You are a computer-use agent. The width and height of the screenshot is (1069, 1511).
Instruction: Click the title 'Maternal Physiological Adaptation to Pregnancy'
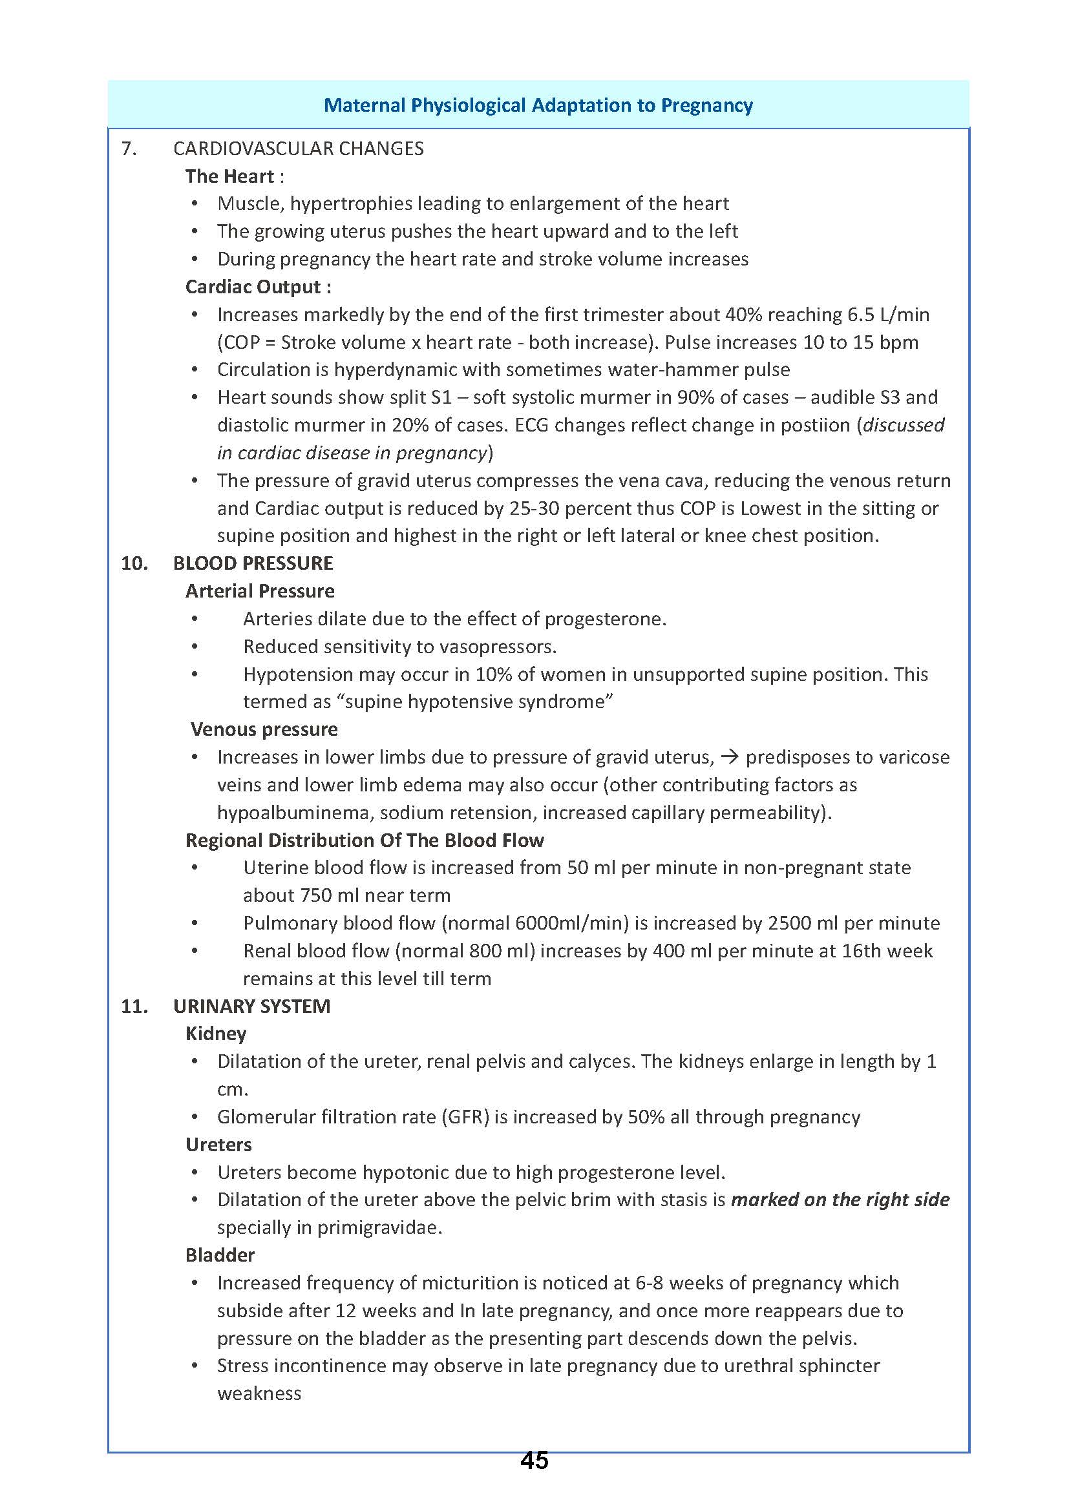click(538, 105)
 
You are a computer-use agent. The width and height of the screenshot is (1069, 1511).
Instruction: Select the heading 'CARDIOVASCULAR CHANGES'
click(298, 149)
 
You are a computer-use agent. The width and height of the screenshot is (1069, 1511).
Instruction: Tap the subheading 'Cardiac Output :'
click(258, 287)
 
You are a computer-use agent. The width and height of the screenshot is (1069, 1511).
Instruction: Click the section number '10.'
click(134, 563)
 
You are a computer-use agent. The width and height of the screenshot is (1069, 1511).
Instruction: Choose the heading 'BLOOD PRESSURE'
click(253, 563)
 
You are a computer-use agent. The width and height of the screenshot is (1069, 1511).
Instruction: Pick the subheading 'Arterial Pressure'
click(259, 591)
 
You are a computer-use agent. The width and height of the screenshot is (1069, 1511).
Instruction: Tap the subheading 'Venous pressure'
click(264, 729)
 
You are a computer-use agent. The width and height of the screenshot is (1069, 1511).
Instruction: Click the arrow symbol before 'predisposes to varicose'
click(728, 757)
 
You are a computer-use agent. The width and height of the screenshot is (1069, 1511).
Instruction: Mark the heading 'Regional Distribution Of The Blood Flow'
click(365, 840)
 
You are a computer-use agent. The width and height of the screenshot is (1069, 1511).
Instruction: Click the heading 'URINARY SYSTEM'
click(251, 1006)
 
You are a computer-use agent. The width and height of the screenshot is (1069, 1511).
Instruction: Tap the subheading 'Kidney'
click(216, 1034)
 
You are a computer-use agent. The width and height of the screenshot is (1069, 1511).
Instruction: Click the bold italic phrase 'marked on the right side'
click(840, 1200)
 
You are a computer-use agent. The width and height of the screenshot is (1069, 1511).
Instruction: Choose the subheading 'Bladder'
click(220, 1255)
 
